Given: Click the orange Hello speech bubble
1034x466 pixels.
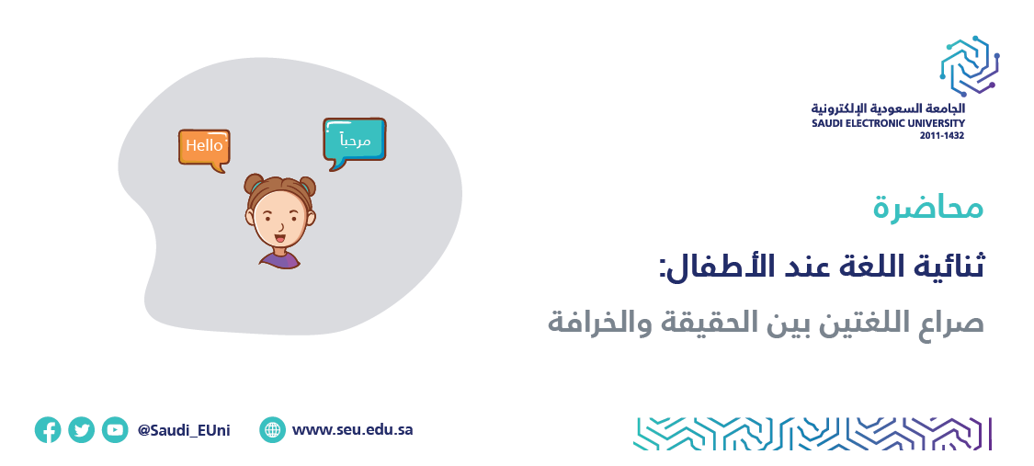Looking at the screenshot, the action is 204,147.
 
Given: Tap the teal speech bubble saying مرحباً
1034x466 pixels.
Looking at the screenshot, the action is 354,140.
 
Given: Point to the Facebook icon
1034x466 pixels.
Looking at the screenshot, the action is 48,430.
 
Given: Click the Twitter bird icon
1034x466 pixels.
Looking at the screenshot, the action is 81,430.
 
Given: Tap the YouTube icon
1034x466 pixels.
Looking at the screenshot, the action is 115,430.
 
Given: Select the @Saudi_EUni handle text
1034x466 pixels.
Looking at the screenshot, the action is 184,431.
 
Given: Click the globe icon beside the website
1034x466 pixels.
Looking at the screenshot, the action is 272,430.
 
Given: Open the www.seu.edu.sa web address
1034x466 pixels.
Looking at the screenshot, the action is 353,430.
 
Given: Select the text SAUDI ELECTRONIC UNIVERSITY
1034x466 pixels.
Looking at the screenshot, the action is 888,123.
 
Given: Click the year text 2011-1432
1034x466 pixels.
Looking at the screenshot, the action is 942,135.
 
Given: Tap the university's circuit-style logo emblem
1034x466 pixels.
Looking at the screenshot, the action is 970,66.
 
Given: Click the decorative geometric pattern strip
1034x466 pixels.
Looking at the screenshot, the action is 812,434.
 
